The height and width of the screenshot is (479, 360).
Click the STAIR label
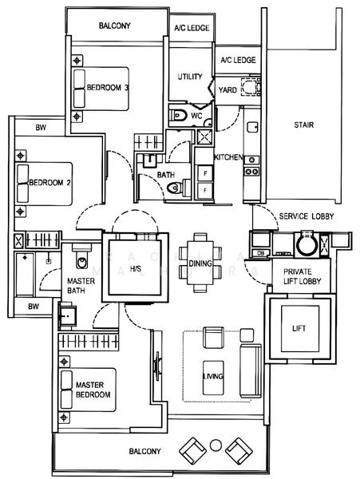click(303, 125)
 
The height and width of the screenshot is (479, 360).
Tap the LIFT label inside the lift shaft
click(299, 328)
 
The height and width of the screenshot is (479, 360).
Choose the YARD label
click(227, 90)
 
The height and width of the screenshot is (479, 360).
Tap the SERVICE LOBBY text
click(306, 216)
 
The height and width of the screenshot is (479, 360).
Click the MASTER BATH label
click(81, 286)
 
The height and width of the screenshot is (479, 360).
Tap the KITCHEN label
click(227, 157)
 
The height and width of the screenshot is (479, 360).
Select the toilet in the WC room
click(178, 117)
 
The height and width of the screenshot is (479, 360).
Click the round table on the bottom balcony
click(215, 445)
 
